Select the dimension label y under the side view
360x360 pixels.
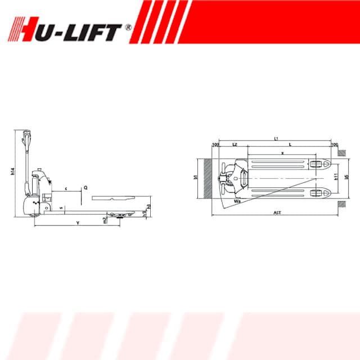click(77, 224)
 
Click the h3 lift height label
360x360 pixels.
click(149, 208)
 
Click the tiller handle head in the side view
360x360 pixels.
click(25, 135)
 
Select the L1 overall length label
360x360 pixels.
click(276, 138)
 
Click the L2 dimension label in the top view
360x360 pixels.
click(235, 145)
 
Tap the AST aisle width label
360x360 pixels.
click(277, 213)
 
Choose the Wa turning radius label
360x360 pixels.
click(237, 199)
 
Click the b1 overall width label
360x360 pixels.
click(195, 178)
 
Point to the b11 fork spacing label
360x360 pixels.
click(335, 177)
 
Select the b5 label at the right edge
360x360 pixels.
click(346, 177)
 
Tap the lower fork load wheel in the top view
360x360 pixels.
click(316, 193)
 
